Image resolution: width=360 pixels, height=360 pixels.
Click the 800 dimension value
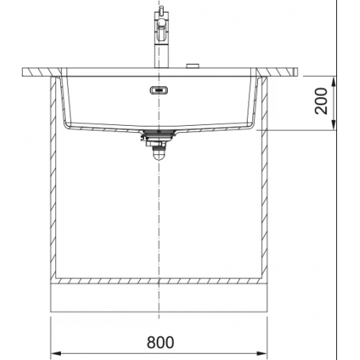(x=160, y=343)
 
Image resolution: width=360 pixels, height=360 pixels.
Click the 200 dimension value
(x=321, y=101)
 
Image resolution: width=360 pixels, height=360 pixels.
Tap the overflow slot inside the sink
(x=159, y=90)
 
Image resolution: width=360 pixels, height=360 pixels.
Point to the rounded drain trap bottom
(x=159, y=156)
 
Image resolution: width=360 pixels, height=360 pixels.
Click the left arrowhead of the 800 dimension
(x=55, y=353)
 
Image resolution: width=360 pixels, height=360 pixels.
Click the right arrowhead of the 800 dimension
(x=262, y=353)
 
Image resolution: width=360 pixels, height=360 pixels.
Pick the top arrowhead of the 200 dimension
(x=334, y=81)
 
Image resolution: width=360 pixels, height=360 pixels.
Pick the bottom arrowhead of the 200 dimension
(x=334, y=124)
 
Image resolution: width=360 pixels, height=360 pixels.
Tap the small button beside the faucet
(x=193, y=66)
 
